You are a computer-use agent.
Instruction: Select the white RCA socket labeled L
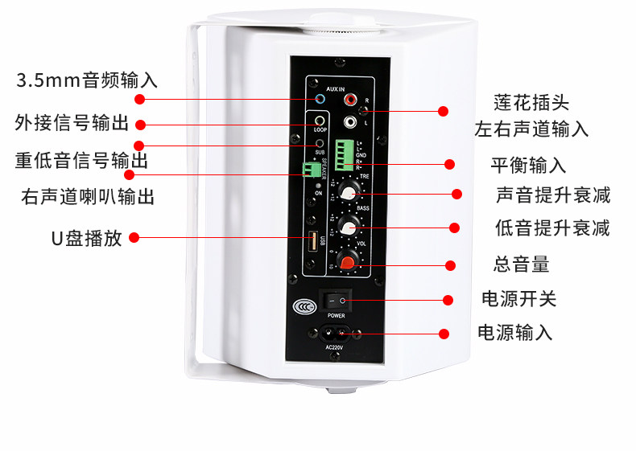350,122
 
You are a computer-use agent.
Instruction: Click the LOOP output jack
320,122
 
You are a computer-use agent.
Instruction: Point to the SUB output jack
320,143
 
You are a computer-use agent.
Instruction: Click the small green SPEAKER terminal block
308,170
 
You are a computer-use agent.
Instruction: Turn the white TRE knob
348,191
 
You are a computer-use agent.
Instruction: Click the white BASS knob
348,225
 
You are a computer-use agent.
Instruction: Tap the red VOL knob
347,260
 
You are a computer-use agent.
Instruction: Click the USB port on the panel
311,242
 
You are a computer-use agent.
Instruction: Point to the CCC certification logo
303,305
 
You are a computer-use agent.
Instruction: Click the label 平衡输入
528,166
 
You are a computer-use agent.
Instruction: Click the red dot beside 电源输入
444,333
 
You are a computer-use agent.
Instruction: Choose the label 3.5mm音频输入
87,80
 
